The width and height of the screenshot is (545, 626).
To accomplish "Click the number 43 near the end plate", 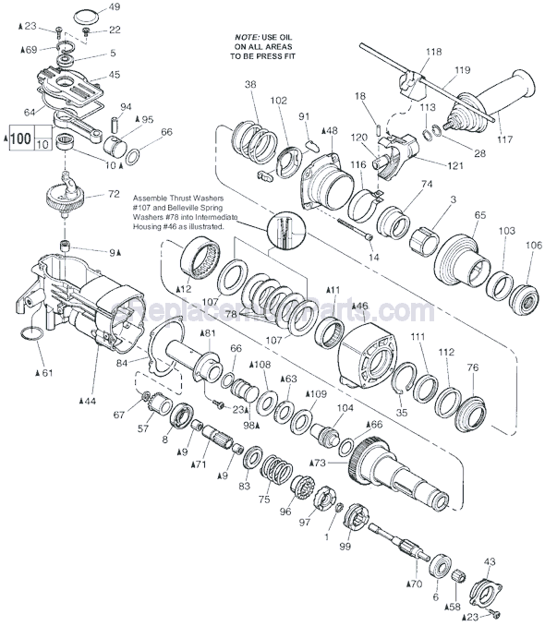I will point(490,562).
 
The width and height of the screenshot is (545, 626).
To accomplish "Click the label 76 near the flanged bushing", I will point(474,367).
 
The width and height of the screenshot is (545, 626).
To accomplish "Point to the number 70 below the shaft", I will point(413,584).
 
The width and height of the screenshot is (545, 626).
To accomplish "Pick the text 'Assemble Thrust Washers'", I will point(178,198).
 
